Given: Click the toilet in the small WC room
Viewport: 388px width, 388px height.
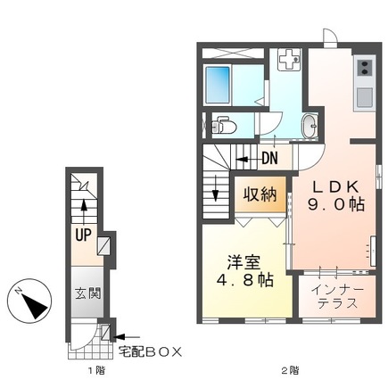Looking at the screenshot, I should pos(222,127).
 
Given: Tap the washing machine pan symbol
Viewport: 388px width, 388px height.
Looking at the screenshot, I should pos(289,61).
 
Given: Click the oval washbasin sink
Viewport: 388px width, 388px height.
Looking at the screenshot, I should pos(310,127).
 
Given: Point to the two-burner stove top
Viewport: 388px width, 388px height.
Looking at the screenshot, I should pos(365,69).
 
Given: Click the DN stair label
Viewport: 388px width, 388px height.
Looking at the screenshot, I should pos(270,160).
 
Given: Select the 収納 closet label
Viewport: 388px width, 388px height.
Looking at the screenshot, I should pos(260,194).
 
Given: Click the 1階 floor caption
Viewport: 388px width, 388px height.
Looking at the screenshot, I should pos(81,369).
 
